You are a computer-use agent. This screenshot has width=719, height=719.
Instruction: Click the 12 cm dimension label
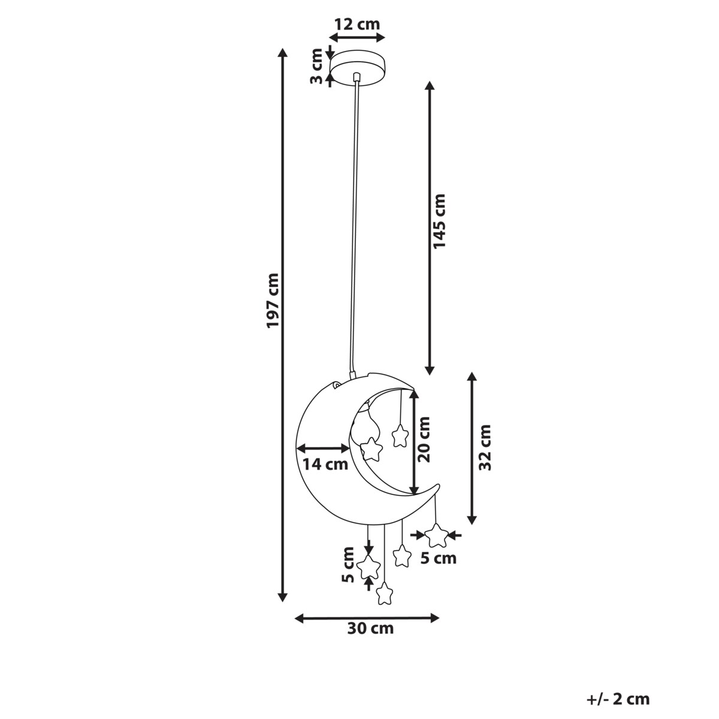click(357, 24)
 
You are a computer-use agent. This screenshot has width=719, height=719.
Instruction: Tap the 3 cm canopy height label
click(317, 66)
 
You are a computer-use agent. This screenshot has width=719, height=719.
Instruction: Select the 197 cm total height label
click(273, 301)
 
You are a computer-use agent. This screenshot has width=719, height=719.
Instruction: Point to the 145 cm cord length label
click(439, 221)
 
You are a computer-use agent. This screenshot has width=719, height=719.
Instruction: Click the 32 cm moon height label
click(485, 448)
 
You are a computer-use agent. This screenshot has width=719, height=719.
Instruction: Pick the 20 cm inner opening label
click(424, 440)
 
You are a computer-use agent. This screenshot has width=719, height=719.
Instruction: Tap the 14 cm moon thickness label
click(325, 464)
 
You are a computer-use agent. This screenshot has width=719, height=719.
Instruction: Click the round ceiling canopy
click(358, 68)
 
